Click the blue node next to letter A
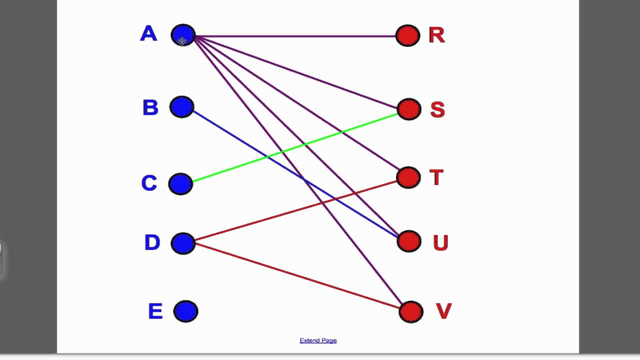[183, 35]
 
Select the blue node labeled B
[181, 107]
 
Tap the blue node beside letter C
[180, 183]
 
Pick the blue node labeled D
[183, 243]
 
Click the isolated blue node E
[185, 311]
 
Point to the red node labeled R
[407, 35]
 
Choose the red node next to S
[409, 109]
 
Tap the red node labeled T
[408, 177]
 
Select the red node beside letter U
[409, 241]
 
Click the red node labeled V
[411, 311]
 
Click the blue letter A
[148, 34]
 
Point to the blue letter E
[155, 311]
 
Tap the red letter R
[436, 35]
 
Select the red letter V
[443, 311]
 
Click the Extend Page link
[318, 340]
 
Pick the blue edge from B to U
[240, 140]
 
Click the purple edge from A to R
[300, 36]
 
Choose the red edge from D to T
[250, 224]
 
